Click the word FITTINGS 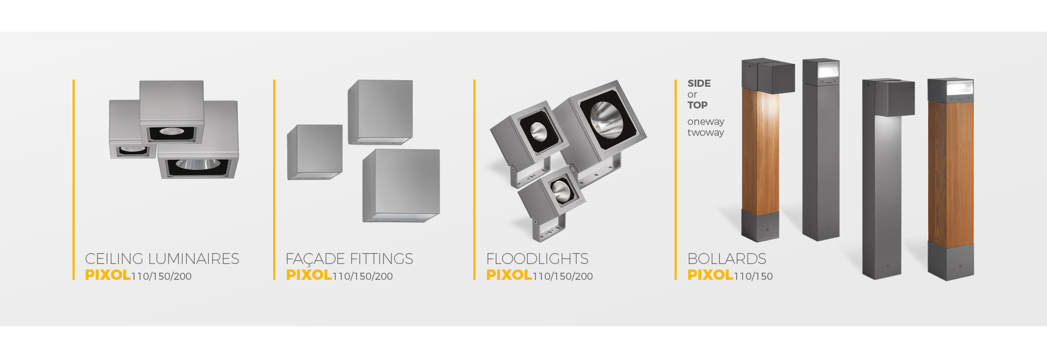[x=381, y=259]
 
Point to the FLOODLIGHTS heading [x=537, y=259]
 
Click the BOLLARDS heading [x=726, y=259]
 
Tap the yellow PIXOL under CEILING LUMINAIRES [x=107, y=275]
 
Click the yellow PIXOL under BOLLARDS [x=710, y=275]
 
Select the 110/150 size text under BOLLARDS [x=753, y=277]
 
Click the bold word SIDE [x=699, y=83]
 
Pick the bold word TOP [x=697, y=105]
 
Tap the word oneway [x=706, y=122]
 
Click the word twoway [x=706, y=133]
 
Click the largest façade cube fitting [x=401, y=185]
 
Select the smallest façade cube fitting [x=315, y=152]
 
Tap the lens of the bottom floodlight [x=560, y=191]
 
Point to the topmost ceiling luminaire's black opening [x=171, y=133]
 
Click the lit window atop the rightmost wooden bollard [x=960, y=88]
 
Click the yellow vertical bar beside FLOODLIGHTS [x=474, y=180]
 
